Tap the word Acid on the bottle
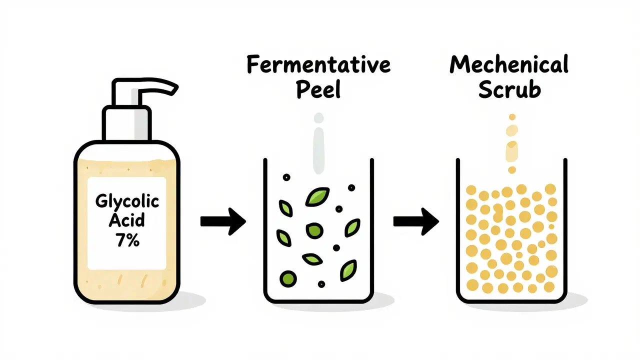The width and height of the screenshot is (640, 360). [127, 220]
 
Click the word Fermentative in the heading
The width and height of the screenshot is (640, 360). [318, 64]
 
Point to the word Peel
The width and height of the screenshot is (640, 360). [318, 89]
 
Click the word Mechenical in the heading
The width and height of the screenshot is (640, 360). [509, 64]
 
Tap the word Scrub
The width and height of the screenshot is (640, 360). [509, 89]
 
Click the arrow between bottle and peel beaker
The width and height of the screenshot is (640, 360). [223, 221]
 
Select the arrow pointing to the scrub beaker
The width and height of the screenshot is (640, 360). [416, 221]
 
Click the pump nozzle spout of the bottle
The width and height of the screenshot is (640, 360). [158, 86]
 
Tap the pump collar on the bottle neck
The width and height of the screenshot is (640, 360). [127, 123]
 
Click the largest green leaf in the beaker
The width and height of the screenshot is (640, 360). [317, 196]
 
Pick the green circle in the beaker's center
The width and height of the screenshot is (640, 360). [314, 230]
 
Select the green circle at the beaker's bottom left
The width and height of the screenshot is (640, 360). [288, 278]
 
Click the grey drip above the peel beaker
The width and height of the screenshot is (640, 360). [319, 150]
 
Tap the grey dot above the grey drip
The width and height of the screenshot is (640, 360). [319, 117]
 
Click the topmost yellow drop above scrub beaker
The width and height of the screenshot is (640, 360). [512, 117]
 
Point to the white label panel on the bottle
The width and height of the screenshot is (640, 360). [127, 223]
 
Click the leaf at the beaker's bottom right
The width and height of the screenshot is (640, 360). [348, 270]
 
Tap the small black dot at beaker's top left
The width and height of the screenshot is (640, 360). [286, 177]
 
